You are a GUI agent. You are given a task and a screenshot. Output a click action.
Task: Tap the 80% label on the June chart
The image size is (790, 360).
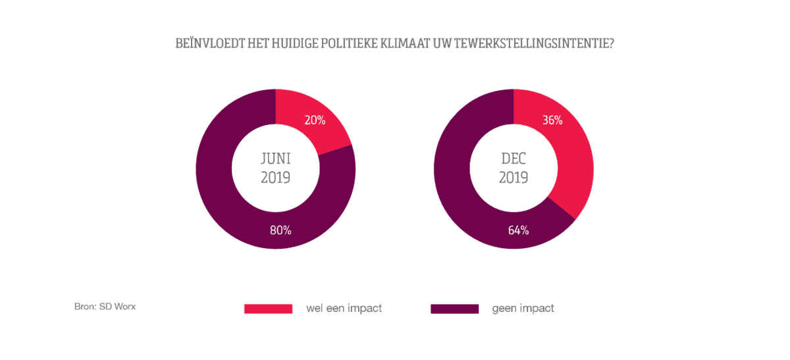point(281,230)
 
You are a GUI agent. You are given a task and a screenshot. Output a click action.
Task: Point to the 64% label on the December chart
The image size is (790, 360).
point(519,230)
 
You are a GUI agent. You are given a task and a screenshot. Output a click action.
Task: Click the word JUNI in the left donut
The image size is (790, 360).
point(276,159)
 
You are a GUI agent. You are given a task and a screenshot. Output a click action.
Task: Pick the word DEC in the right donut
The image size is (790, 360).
point(513,159)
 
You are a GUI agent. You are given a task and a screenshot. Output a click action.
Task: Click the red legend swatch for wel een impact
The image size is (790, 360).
point(268,309)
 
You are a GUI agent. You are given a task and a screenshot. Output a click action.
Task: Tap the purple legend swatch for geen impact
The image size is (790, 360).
point(454,309)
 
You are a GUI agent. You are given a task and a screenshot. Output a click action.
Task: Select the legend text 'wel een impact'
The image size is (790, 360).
point(344,308)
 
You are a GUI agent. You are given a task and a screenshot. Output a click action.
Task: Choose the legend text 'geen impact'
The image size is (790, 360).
point(523,308)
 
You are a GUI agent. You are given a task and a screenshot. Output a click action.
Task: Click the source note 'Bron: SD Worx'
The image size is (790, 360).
point(105,307)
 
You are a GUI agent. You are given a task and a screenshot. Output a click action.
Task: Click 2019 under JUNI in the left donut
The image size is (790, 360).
point(276,177)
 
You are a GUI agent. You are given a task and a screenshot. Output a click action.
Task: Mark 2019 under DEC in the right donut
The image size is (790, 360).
point(513,177)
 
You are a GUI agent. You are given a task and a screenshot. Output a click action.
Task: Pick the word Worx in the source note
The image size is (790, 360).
point(124,307)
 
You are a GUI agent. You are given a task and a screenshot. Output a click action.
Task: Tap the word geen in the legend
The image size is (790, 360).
point(505,308)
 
